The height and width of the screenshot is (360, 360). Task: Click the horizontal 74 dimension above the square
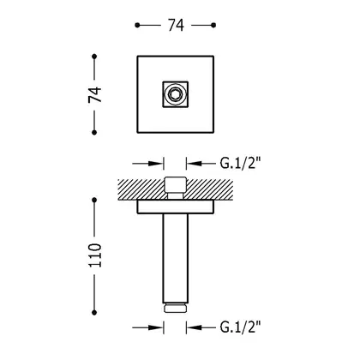click(176, 25)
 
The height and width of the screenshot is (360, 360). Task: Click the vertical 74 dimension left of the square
click(95, 94)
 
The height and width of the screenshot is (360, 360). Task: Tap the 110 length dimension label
click(95, 255)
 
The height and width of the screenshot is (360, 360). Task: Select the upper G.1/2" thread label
click(241, 164)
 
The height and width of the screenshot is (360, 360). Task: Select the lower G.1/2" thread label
click(241, 327)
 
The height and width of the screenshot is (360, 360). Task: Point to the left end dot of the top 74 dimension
click(137, 25)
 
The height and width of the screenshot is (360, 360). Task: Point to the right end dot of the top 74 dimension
click(213, 25)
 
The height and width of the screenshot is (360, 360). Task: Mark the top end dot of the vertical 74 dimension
click(94, 57)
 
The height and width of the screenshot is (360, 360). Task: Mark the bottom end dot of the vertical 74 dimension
click(94, 132)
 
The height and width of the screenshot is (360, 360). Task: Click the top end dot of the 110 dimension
click(94, 200)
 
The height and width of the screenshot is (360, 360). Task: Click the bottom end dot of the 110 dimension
click(94, 313)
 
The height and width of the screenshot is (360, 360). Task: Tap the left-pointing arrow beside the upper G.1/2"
click(201, 164)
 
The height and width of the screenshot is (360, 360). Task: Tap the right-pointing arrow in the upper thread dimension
click(147, 164)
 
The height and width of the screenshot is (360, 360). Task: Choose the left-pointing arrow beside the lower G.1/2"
click(201, 327)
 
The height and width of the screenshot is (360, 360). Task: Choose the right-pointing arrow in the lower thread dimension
click(147, 327)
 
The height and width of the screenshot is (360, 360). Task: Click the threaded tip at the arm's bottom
click(175, 308)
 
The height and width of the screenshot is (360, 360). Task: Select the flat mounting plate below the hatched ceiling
click(176, 207)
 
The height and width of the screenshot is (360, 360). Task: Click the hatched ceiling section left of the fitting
click(141, 189)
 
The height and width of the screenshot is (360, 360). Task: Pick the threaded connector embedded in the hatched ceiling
click(175, 188)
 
